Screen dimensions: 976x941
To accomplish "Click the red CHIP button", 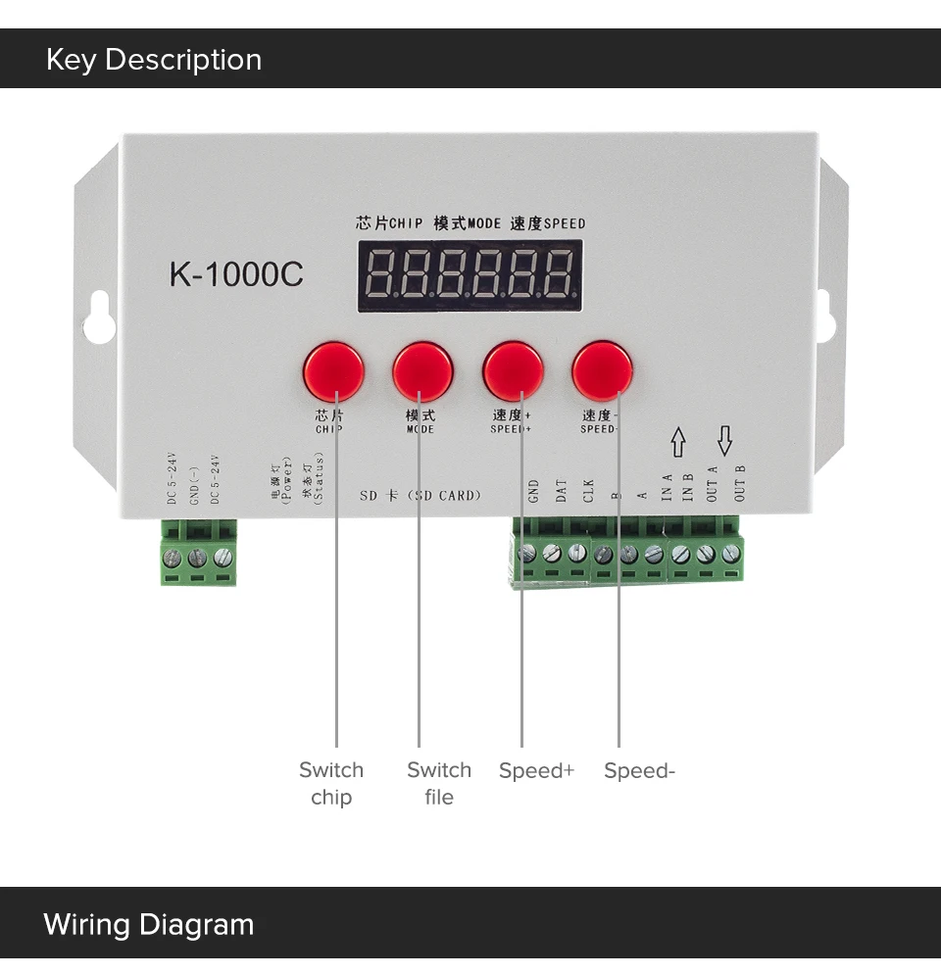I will coord(333,371).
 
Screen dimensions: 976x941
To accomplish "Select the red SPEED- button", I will coord(603,369).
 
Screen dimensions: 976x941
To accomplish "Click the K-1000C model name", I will coord(236,274).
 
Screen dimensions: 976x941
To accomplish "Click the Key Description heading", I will coord(154,60).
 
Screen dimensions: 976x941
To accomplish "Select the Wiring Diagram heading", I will coord(149,924).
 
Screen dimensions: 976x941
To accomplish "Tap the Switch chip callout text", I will coord(331,784).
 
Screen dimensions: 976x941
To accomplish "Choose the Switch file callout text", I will coord(439,784).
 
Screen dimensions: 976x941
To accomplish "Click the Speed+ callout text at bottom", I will coord(536,771).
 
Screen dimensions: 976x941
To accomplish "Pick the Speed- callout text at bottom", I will coord(639,771).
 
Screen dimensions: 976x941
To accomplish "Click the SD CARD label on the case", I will coord(421,495).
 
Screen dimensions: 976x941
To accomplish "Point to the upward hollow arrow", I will coord(677,441).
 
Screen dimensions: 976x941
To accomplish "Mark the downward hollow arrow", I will coord(724,441).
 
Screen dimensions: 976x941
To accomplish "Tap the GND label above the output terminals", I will coord(534,490).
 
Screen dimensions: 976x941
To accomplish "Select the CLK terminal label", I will coord(588,490).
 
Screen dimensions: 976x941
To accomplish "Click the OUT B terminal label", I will coord(740,483).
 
